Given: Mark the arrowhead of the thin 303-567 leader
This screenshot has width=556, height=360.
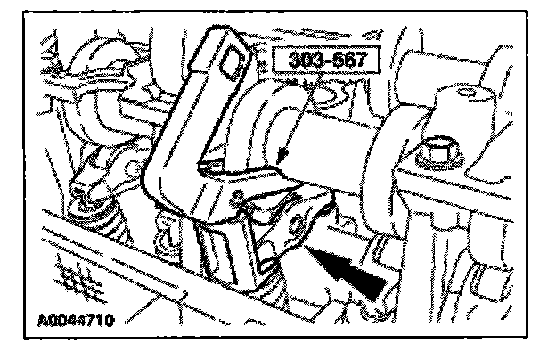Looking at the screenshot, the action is click(280, 162).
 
